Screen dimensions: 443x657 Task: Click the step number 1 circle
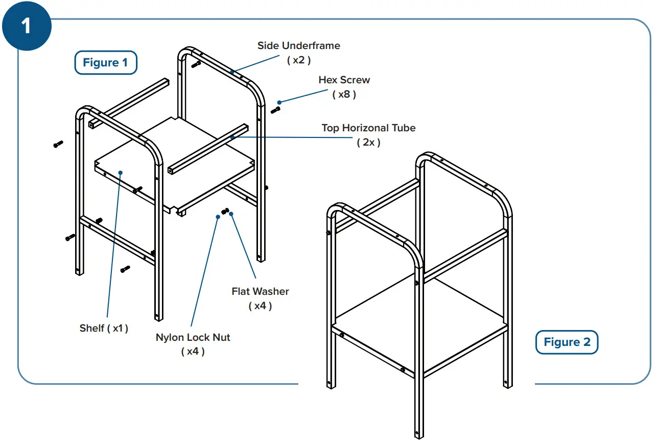[26, 25]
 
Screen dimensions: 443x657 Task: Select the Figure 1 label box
[106, 63]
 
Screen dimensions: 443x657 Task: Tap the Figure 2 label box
[567, 342]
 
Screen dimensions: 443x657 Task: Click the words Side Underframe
[298, 45]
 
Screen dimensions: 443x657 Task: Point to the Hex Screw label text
[344, 80]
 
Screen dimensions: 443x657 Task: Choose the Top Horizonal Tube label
[368, 128]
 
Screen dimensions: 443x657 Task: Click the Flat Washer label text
[260, 292]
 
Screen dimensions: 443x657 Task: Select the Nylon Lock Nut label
[193, 338]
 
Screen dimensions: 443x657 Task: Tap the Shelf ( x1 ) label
[104, 329]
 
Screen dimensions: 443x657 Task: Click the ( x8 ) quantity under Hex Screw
[344, 95]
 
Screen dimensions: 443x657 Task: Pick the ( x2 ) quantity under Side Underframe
[298, 60]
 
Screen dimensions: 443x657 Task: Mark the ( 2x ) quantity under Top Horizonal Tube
[368, 143]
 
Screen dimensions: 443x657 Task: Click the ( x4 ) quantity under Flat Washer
[260, 306]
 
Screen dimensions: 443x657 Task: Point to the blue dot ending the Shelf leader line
[121, 173]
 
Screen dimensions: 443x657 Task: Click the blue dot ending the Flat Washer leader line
[231, 215]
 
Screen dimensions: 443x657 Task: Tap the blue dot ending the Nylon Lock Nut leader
[218, 217]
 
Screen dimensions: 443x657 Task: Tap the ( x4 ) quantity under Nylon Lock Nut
[193, 352]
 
